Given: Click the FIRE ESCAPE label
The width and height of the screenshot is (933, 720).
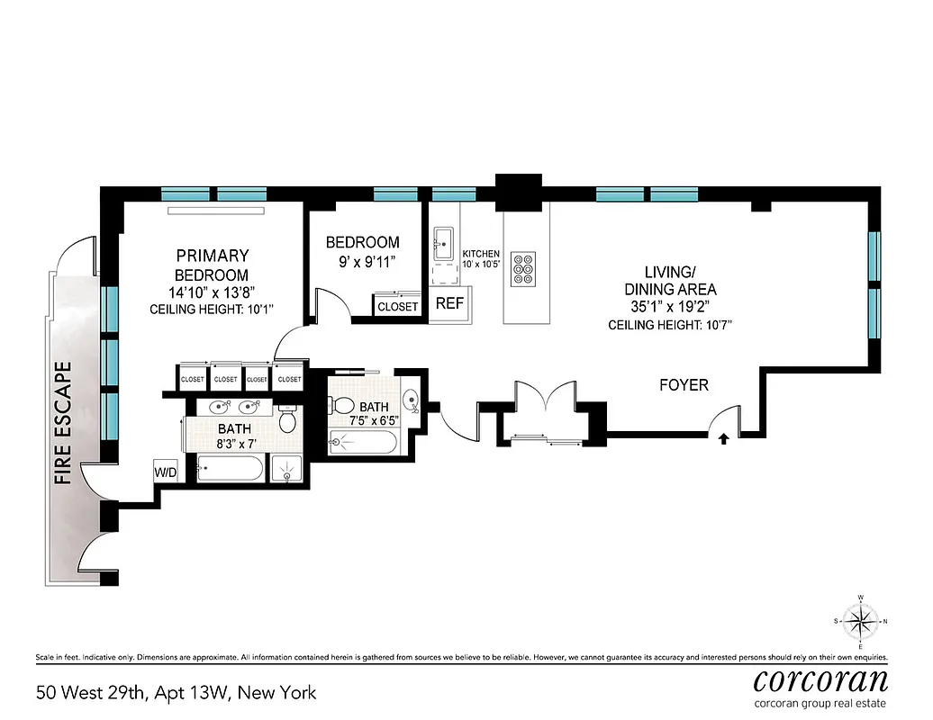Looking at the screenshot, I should pos(63,423).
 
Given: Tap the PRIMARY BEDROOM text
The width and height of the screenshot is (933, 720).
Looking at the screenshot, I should pos(212,265).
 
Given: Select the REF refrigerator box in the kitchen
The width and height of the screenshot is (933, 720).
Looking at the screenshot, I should pos(449,303).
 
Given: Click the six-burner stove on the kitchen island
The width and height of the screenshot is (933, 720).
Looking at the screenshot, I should pos(523,267).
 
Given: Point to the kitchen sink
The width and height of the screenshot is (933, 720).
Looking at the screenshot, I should pos(443,241).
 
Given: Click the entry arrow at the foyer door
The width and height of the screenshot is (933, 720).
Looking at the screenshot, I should pos(722,439).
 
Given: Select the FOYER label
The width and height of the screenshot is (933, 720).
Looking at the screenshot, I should pos(684,385).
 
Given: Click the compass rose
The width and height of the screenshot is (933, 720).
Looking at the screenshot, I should pos(861,622).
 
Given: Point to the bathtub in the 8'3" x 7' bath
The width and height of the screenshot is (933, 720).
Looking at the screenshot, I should pos(230,469).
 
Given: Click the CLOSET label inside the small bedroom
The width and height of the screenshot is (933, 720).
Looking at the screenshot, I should pos(397,306).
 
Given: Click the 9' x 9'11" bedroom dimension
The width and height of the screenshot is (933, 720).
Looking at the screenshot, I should pos(362,263).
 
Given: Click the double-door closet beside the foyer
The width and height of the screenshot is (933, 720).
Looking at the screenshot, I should pos(545,414).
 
